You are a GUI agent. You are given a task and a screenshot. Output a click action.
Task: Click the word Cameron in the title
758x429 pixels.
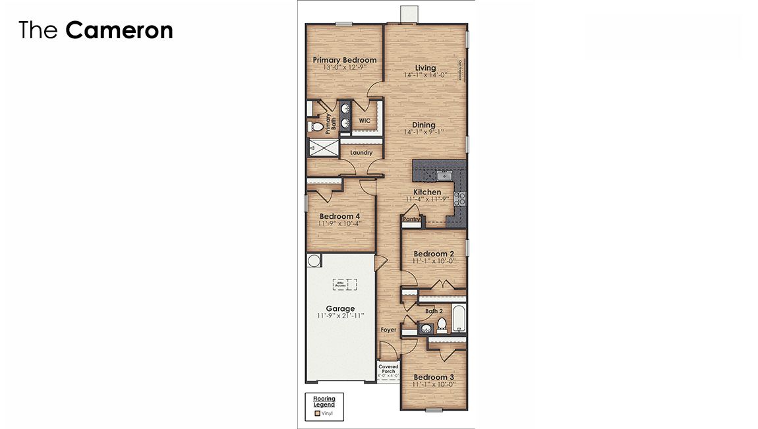coord(119,30)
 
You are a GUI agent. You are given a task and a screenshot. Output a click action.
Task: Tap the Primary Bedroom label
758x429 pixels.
coord(345,60)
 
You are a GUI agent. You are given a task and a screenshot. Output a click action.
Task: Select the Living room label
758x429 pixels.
coord(425,68)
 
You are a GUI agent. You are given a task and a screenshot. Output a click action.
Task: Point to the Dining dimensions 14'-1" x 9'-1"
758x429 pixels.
coord(424,132)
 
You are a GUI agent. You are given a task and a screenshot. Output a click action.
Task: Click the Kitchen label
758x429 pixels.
coord(427,192)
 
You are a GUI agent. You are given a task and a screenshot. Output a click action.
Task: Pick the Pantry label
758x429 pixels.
coord(411,219)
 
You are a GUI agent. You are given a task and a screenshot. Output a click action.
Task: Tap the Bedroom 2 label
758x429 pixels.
coord(433,254)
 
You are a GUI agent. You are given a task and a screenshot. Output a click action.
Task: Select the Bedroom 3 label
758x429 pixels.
coord(433,378)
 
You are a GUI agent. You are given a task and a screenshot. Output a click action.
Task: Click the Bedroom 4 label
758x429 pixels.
coord(339,216)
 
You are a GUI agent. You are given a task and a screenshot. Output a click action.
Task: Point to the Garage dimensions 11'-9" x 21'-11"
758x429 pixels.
coord(340,316)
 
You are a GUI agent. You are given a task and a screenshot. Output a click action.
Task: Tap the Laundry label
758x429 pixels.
coord(361,153)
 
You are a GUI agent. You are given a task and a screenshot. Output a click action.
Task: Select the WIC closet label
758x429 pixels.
coord(364,121)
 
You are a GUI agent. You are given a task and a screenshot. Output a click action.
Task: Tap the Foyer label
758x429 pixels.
coord(389,330)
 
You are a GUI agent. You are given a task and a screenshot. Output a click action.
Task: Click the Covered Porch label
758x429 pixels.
coord(388,369)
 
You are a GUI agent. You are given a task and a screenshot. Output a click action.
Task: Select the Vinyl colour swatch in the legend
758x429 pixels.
coord(317,414)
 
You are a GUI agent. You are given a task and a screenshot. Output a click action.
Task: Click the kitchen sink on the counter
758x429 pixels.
coord(444,175)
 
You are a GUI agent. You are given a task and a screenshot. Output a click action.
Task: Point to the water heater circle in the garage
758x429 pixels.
coord(314,260)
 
